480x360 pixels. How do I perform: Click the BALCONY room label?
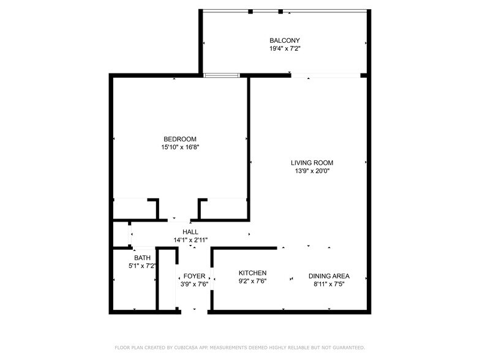(x=285, y=40)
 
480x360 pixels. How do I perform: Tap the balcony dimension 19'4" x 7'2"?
(x=285, y=48)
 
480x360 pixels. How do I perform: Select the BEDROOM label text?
(x=179, y=139)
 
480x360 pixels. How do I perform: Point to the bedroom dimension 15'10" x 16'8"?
(x=179, y=147)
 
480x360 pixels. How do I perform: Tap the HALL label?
(x=190, y=232)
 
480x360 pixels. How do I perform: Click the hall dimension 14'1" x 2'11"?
(x=190, y=240)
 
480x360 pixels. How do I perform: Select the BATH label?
(x=142, y=258)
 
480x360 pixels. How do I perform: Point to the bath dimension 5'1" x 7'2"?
(x=142, y=266)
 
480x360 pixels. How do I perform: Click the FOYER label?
(x=194, y=276)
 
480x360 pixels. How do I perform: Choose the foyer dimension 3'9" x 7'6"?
(x=194, y=284)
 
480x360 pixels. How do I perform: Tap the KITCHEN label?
(x=252, y=273)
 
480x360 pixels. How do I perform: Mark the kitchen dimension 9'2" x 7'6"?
(x=252, y=281)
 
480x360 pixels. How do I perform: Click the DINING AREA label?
(x=329, y=276)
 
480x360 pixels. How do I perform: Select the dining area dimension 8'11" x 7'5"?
(x=329, y=284)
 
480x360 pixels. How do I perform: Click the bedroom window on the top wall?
(x=222, y=75)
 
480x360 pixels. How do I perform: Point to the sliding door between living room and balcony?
(x=325, y=75)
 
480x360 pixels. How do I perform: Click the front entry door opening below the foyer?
(x=194, y=312)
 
